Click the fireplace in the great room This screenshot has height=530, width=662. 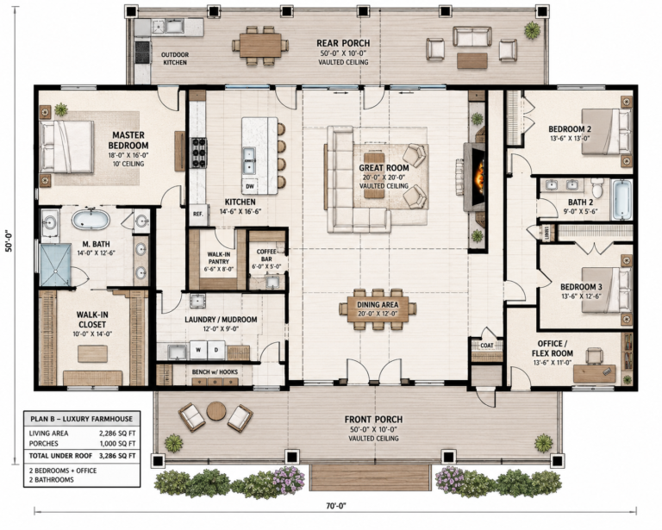(475, 177)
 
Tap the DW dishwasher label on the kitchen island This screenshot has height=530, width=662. (249, 185)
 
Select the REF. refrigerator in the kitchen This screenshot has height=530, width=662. (198, 214)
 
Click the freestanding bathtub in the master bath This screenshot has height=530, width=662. (91, 219)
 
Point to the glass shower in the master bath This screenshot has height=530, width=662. (55, 265)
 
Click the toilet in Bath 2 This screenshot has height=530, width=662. (597, 187)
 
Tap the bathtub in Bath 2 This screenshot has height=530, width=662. (621, 199)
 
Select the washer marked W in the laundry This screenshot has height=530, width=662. (198, 350)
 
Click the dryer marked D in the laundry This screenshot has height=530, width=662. (216, 350)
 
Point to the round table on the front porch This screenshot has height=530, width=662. (216, 410)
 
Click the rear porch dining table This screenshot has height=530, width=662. (260, 45)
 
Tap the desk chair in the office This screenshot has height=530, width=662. (594, 355)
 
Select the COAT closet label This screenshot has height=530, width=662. (487, 346)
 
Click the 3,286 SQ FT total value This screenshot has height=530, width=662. (117, 456)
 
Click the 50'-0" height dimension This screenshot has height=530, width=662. (9, 241)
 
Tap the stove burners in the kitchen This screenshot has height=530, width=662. (198, 153)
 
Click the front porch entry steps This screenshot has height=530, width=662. (371, 477)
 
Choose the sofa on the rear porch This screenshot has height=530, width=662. (472, 37)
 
